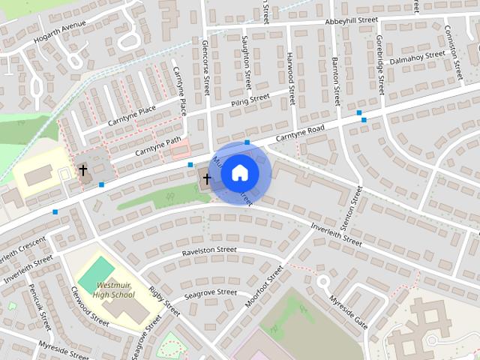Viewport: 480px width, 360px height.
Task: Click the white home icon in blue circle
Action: pyautogui.click(x=239, y=172)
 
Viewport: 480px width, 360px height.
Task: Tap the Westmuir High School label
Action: pyautogui.click(x=114, y=290)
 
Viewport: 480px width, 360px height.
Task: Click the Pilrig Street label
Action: pyautogui.click(x=250, y=100)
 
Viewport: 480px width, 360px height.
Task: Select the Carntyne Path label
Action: pyautogui.click(x=158, y=145)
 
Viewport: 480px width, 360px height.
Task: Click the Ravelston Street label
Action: pyautogui.click(x=209, y=250)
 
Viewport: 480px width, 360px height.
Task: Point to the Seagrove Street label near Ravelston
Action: pyautogui.click(x=211, y=293)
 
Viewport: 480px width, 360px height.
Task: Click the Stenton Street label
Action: pyautogui.click(x=358, y=208)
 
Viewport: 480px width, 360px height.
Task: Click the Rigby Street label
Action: pyautogui.click(x=163, y=299)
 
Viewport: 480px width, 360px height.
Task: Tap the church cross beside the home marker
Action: pyautogui.click(x=207, y=178)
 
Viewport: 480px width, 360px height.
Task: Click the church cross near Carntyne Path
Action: pyautogui.click(x=83, y=171)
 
